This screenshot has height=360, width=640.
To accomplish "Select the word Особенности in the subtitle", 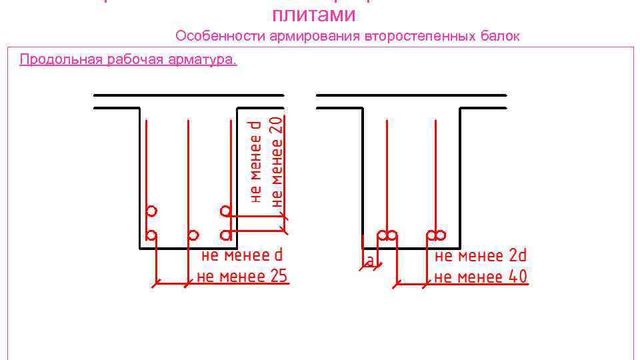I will [x=220, y=36].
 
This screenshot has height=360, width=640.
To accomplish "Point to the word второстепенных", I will [x=420, y=36].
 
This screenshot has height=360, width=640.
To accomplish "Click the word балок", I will [x=499, y=36].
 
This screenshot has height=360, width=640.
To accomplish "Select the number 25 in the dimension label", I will [x=276, y=275].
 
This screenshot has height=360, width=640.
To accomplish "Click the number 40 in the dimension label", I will [x=516, y=276].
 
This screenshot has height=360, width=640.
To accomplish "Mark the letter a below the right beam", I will [x=369, y=261].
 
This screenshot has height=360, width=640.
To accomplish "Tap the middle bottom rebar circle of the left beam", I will [x=193, y=235].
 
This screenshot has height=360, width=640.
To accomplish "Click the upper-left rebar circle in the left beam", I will [x=151, y=211].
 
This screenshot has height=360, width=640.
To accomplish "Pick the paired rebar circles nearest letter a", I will [x=387, y=235].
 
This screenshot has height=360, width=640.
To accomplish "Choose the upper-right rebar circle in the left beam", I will [x=226, y=211].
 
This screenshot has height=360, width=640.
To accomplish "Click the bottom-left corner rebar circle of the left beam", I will [x=151, y=235].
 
